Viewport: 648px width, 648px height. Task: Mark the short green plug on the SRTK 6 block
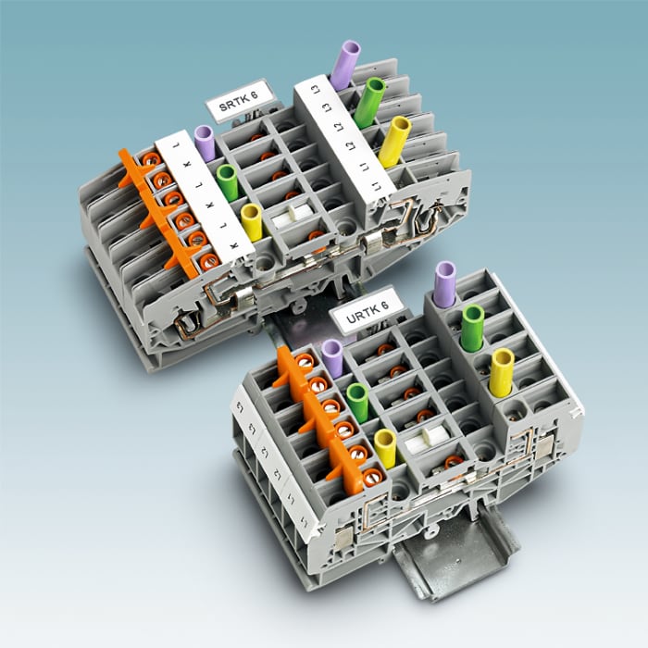point(227,181)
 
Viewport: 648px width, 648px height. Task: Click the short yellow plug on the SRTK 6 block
point(251,222)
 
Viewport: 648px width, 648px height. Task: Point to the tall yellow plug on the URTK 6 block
point(503,369)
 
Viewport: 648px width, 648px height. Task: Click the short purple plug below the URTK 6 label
point(332,357)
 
